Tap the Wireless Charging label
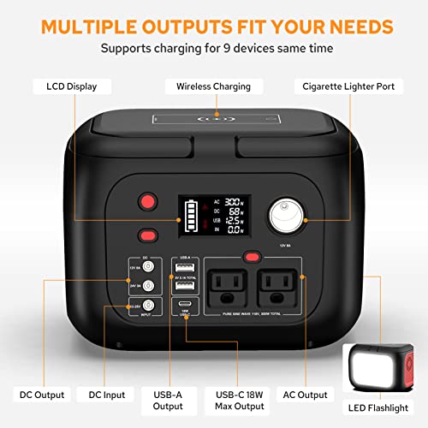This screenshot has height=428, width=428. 213,86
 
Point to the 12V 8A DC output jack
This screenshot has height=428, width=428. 147,267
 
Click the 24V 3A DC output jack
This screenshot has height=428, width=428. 147,286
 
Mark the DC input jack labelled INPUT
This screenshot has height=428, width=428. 147,306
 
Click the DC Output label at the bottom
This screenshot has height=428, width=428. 41,395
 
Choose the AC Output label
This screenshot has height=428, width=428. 305,395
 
